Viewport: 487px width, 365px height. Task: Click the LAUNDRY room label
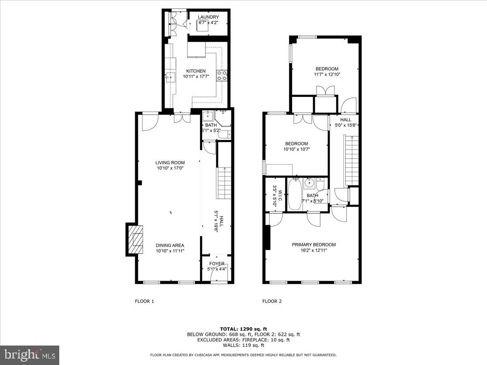coord(208,17)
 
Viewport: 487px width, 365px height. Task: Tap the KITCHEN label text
coord(196,71)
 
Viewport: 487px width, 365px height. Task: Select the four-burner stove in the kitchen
coord(222,75)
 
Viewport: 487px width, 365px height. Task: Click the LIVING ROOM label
coord(170,163)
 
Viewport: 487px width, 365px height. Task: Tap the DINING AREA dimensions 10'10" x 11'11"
coord(170,251)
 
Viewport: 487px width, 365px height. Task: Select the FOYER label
coord(217,264)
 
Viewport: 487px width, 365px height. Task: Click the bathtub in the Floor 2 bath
coord(295,194)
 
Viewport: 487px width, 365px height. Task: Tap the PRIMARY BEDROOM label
coord(314,245)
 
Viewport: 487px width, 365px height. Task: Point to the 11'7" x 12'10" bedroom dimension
coord(327,75)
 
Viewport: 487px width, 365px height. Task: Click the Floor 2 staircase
coord(351,161)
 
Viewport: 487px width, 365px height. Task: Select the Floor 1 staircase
coord(224,183)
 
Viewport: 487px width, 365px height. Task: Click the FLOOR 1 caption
coord(144,301)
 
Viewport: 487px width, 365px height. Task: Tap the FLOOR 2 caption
coord(272,301)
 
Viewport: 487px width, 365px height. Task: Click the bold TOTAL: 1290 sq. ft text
coord(243,329)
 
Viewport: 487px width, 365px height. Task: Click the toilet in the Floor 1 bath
coord(224,135)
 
